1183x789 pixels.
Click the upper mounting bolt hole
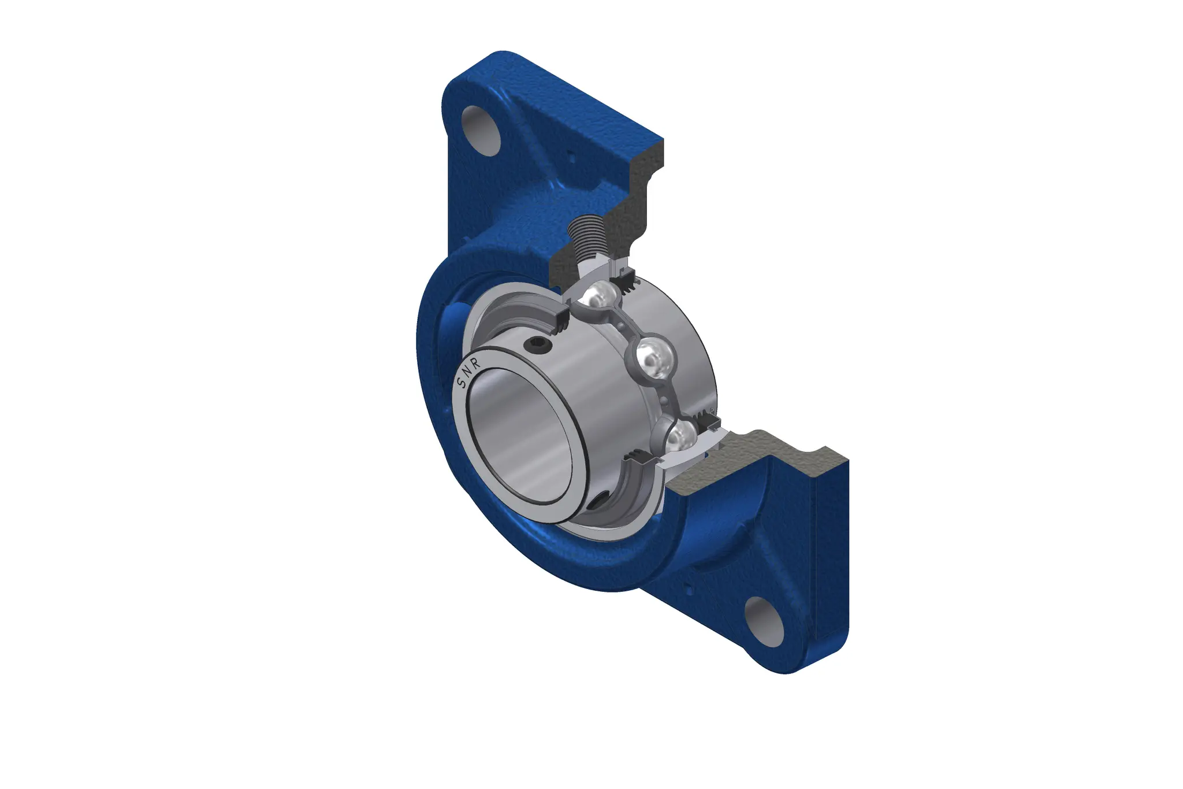(481, 131)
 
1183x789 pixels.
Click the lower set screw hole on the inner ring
(598, 500)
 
